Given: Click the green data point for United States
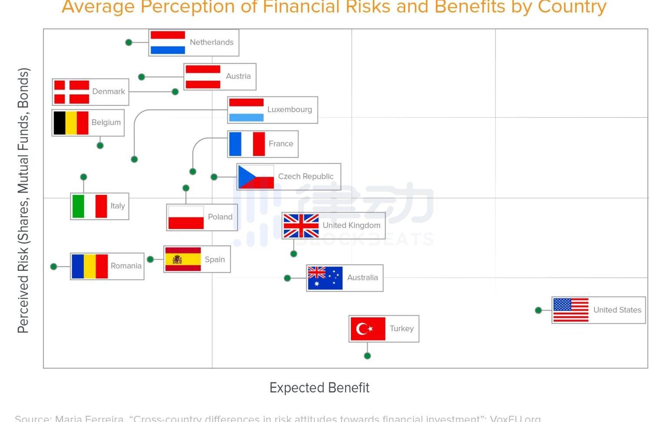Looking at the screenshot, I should pos(538,310).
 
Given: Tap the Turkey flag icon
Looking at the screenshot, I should pos(368,329).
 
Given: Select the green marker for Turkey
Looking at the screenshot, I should pos(367,356).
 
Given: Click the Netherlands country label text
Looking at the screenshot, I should pos(211,42).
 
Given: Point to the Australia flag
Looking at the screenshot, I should pos(325,278).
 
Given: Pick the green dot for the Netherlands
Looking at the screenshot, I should pos(129,42).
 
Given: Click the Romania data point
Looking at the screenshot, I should pos(54,267).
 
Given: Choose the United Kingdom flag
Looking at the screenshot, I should pos(301,226).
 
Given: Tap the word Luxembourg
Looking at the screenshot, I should pos(290,109).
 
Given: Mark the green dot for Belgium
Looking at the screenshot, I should pos(100,145).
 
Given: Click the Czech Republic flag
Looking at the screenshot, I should pos(256,177).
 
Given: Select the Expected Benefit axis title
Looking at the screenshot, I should pos(319,387).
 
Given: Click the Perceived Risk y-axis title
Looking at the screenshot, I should pos(23,200).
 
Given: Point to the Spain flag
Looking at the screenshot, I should pos(183,259).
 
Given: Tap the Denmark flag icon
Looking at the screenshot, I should pos(72,92).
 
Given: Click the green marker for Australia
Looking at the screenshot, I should pos(287,278).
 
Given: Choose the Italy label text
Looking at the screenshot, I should pos(118,206).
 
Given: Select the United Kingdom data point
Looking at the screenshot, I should pos(294,254).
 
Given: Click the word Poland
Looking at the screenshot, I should pos(220,217).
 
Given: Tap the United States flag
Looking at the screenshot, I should pos(571,310).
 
